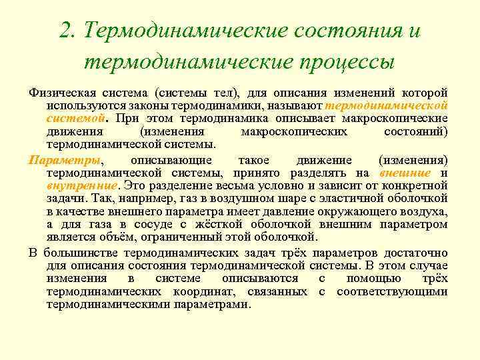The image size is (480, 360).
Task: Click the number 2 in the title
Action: pos(65,31)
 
